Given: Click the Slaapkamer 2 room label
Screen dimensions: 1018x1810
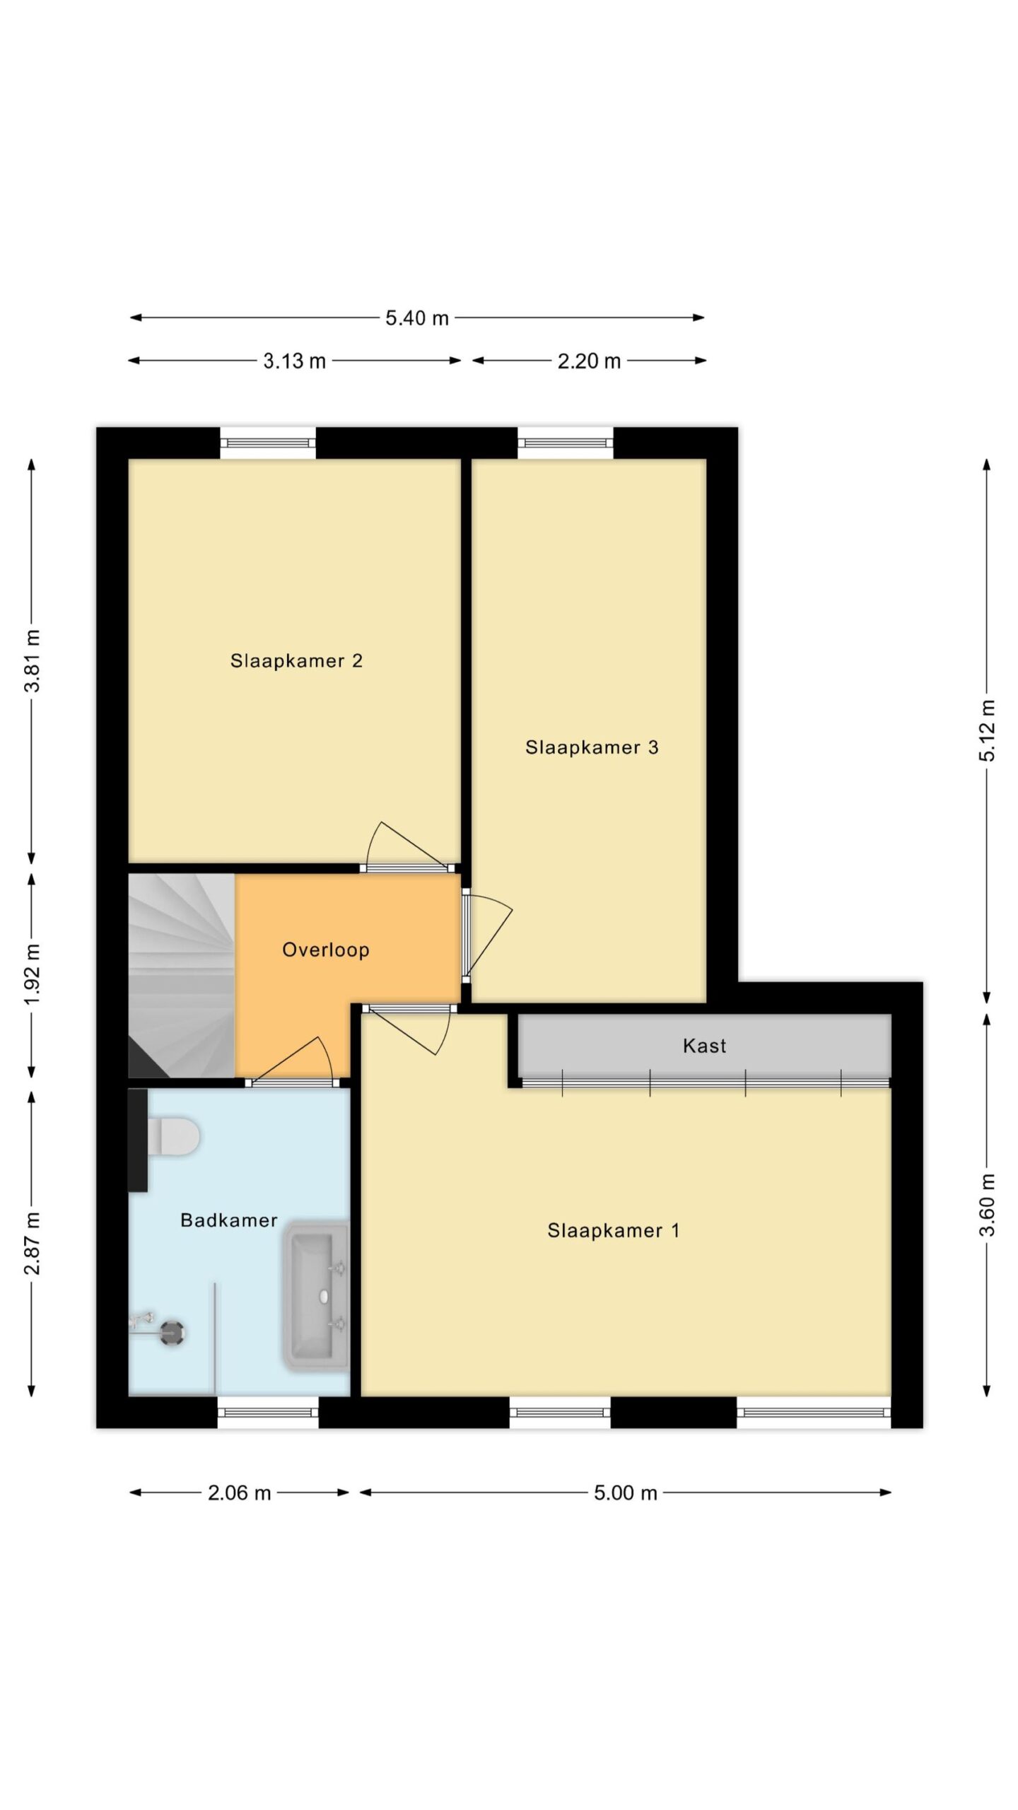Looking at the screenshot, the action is tap(296, 661).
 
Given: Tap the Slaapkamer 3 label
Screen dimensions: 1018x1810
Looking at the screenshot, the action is tap(592, 747).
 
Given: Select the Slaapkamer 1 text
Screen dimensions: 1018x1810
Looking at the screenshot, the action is tap(614, 1231).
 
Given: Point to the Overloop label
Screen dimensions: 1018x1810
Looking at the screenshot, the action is tap(326, 950).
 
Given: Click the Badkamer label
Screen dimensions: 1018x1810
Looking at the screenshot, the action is tap(229, 1220).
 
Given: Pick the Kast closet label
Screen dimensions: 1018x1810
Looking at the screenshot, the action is tap(705, 1046).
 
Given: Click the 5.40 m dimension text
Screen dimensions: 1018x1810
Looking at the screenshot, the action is tap(417, 318).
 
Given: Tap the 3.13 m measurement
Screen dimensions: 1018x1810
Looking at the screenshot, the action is tap(295, 361).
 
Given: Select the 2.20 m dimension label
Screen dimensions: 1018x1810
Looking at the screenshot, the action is tap(590, 361).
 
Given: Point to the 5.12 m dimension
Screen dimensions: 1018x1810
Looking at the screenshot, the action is tap(988, 731).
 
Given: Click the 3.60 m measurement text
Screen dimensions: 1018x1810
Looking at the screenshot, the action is tap(988, 1205).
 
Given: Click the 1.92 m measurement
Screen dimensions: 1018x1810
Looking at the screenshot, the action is tap(32, 974).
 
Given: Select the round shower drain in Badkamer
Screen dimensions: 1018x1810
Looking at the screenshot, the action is tap(172, 1333).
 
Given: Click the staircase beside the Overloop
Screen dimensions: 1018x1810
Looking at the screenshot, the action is tap(181, 976).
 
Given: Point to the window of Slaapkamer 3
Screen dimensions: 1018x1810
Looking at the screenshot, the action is tap(566, 443).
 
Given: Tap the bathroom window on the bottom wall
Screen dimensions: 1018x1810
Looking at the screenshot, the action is tap(267, 1413).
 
